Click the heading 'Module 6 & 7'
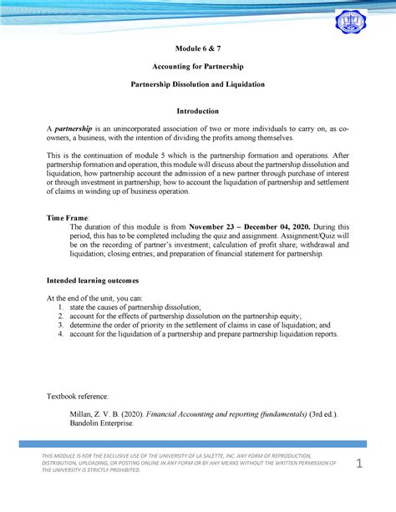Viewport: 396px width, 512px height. pos(197,49)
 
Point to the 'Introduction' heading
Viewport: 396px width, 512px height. pos(197,111)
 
